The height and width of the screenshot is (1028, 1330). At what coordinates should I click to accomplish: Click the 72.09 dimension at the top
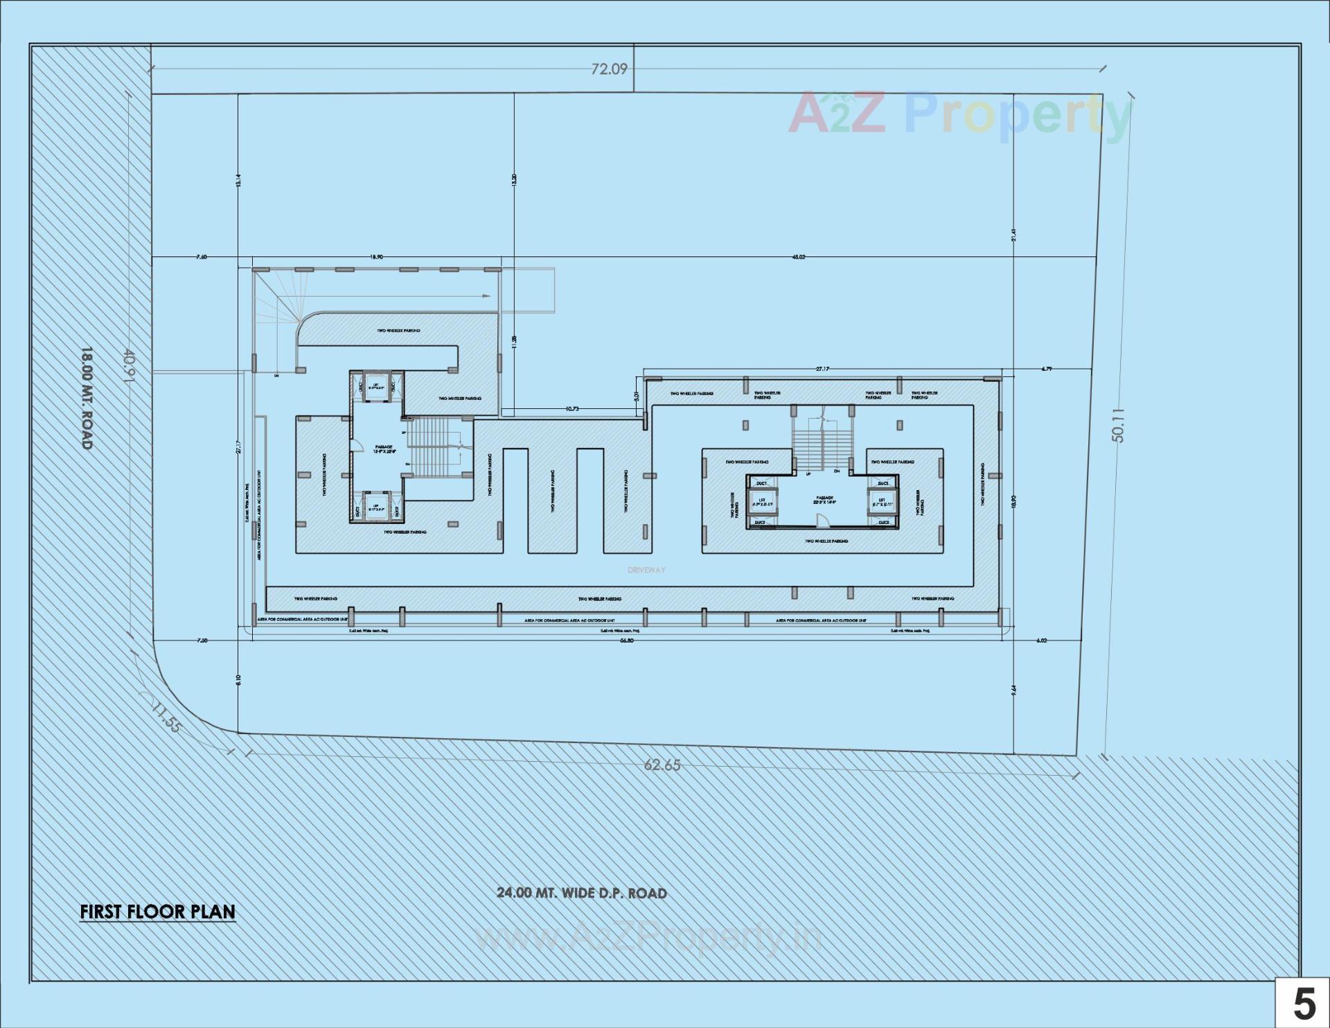[609, 69]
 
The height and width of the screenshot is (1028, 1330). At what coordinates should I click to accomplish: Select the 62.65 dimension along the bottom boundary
[662, 765]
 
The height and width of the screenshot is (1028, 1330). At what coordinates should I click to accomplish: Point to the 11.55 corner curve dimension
[166, 717]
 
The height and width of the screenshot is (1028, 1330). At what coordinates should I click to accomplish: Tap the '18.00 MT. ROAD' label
[87, 398]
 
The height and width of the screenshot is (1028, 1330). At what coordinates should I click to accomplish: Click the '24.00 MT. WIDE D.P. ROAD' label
[581, 893]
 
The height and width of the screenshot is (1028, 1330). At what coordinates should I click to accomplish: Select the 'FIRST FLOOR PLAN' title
[157, 912]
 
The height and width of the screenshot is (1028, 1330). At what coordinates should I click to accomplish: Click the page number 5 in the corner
[1304, 1004]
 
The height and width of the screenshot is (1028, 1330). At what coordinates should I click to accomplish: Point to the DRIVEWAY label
[646, 570]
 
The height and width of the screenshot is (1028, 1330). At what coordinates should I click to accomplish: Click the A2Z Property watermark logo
[959, 114]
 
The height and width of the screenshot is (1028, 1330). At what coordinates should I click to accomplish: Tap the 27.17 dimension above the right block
[822, 369]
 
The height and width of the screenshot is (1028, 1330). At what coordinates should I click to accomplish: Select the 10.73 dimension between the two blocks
[572, 409]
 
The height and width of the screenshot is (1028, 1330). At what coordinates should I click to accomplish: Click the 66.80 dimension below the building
[626, 641]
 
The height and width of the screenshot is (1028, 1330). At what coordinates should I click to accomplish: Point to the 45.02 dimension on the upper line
[799, 257]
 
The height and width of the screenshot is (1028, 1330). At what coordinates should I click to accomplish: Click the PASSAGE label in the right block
[824, 499]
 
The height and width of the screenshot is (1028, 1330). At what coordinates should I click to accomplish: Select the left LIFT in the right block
[762, 502]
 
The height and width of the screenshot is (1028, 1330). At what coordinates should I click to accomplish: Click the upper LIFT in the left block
[376, 387]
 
